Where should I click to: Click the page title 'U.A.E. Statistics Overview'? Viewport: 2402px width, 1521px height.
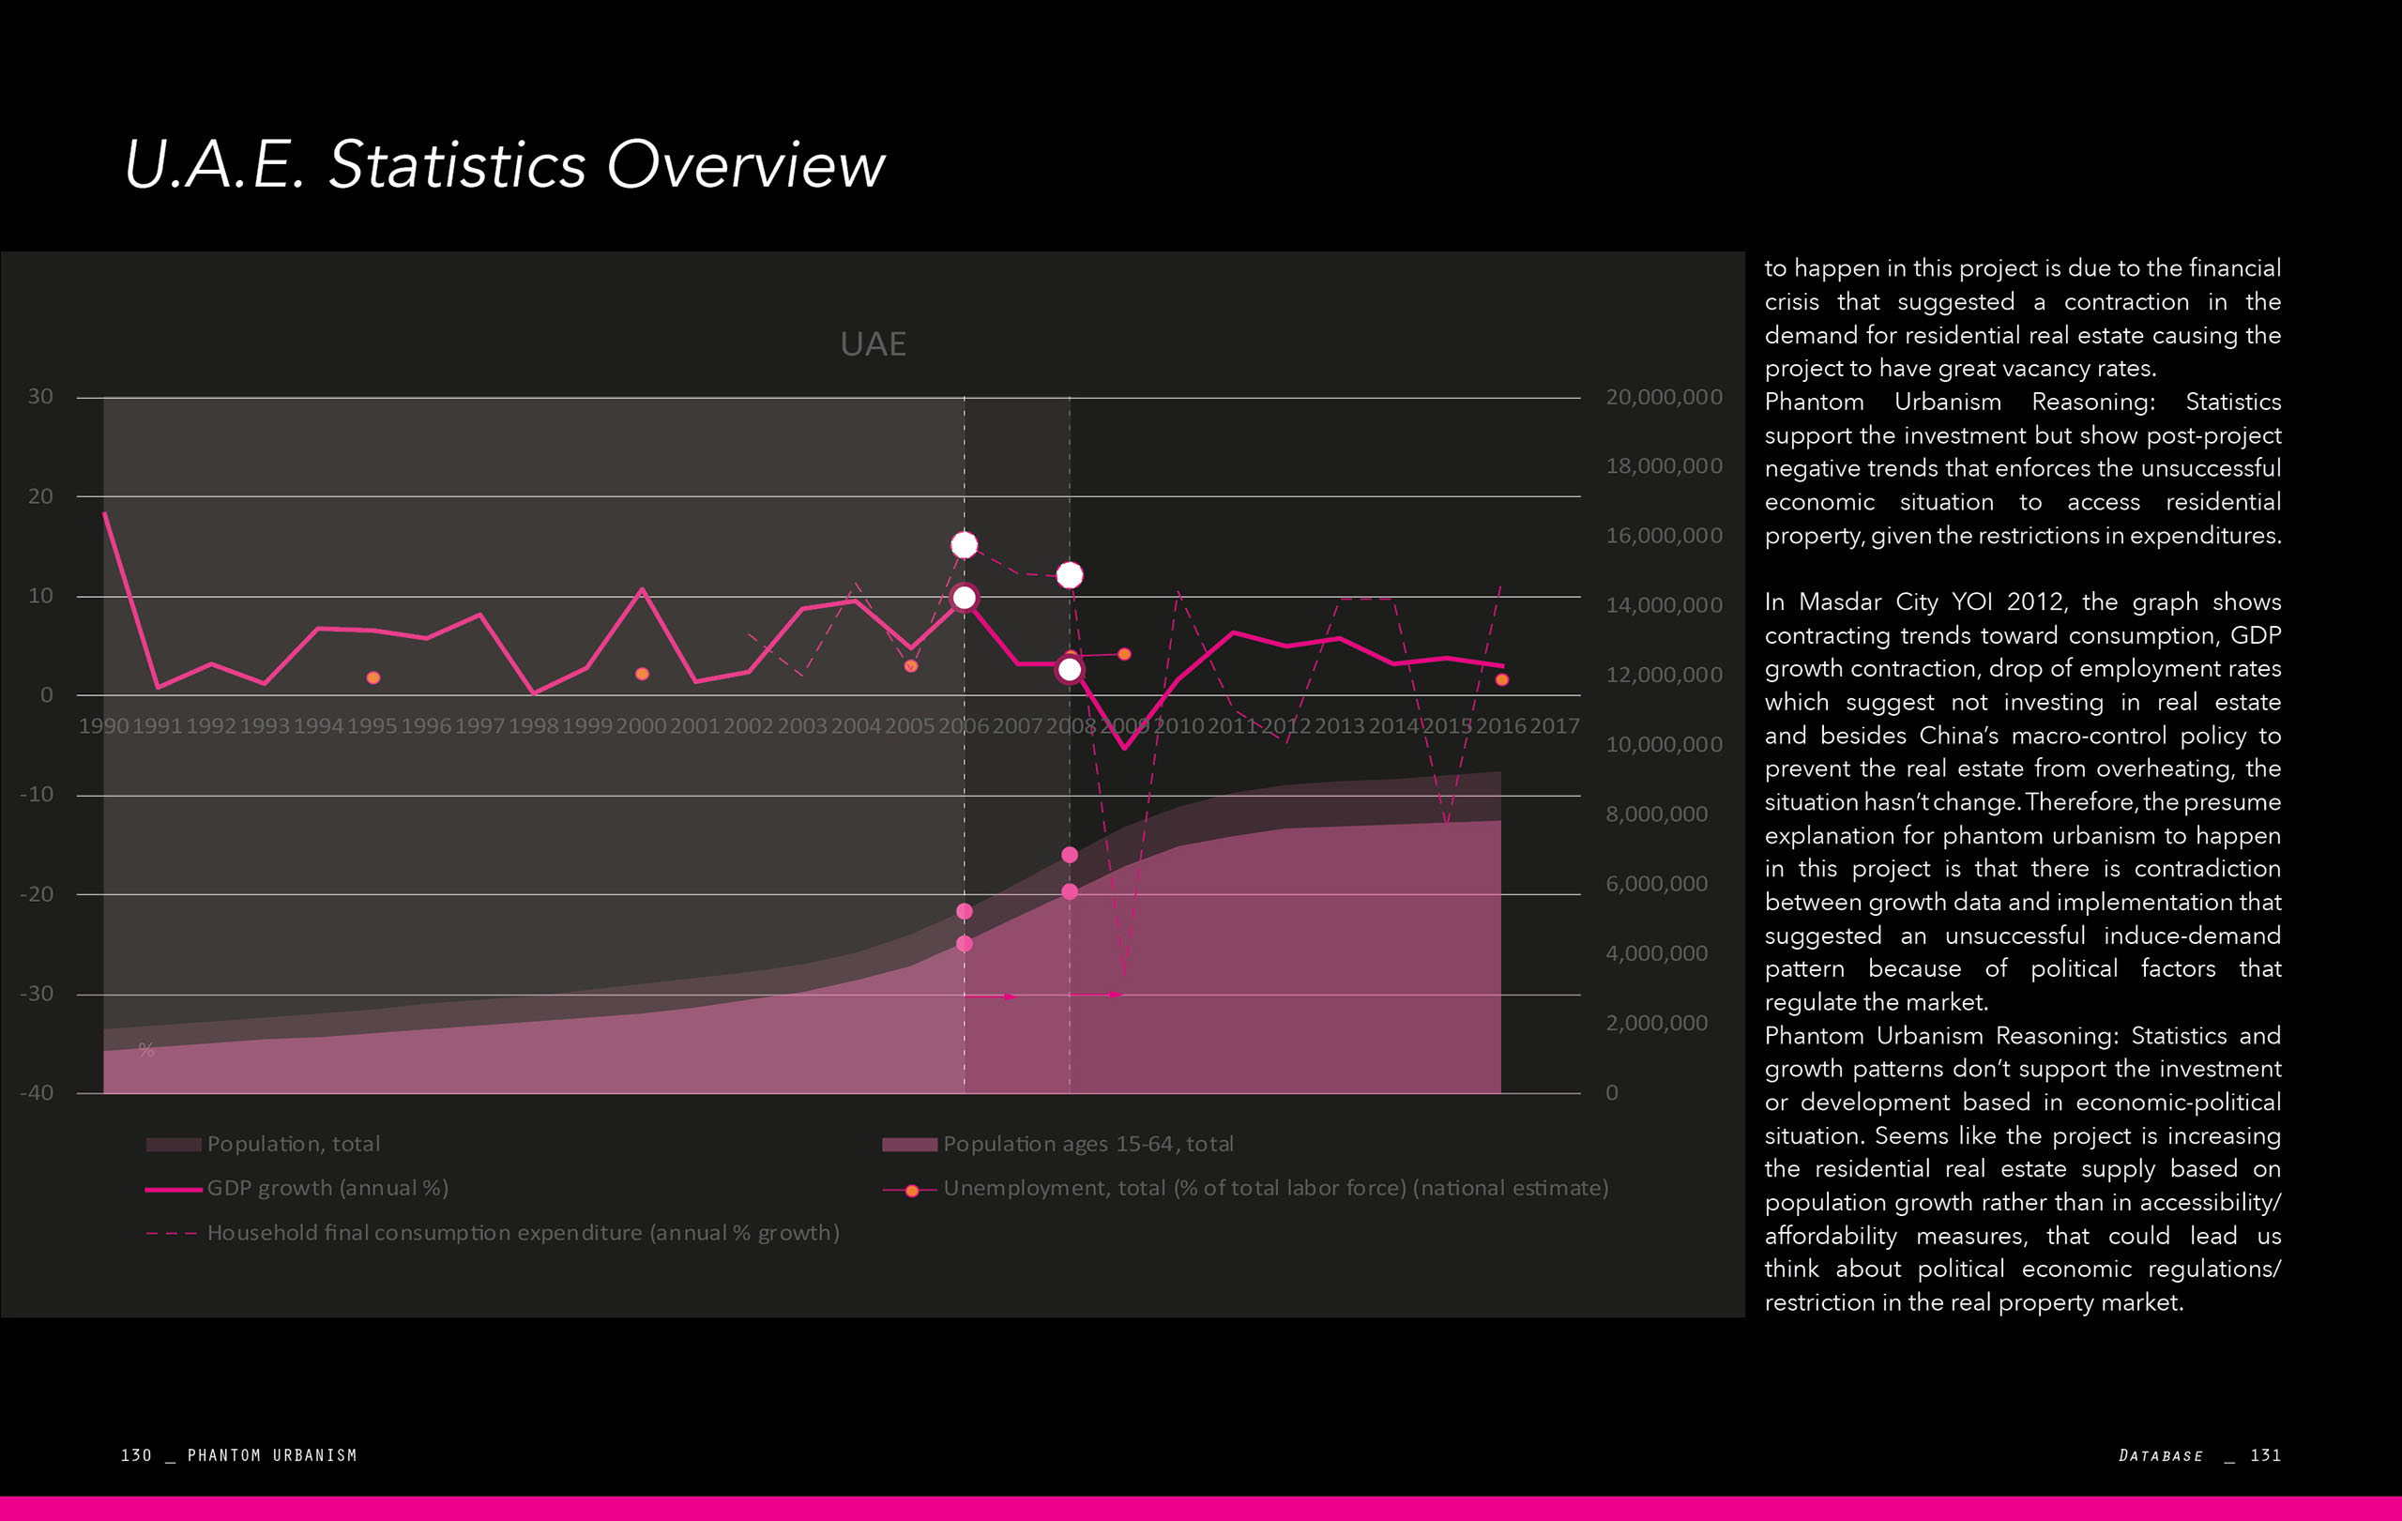504,164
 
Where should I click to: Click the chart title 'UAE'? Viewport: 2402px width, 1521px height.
873,344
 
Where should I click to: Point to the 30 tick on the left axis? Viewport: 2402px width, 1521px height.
40,397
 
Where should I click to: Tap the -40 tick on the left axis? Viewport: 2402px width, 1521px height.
37,1092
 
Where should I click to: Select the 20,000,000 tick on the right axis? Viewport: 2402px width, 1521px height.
1663,397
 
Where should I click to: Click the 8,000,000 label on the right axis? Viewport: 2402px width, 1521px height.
1656,814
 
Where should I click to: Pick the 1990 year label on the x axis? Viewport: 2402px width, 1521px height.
103,726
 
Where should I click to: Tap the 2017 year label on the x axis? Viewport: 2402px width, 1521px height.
1554,726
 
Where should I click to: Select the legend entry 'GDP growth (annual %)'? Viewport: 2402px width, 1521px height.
327,1188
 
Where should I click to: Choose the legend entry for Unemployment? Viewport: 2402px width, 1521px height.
1275,1188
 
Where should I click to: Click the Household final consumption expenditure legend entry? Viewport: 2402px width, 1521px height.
523,1233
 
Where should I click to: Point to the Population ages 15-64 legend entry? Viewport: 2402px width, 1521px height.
1087,1144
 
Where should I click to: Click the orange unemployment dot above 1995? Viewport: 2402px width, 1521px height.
373,678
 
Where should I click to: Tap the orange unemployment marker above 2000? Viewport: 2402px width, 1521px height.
643,675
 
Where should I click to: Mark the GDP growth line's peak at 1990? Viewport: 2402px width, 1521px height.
105,513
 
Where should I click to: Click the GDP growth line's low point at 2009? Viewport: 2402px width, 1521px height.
1124,747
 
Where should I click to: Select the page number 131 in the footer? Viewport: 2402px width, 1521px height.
2265,1455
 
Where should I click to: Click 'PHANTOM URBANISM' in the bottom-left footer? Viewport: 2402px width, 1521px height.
271,1455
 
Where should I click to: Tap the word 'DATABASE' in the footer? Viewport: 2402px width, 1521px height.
2161,1455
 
